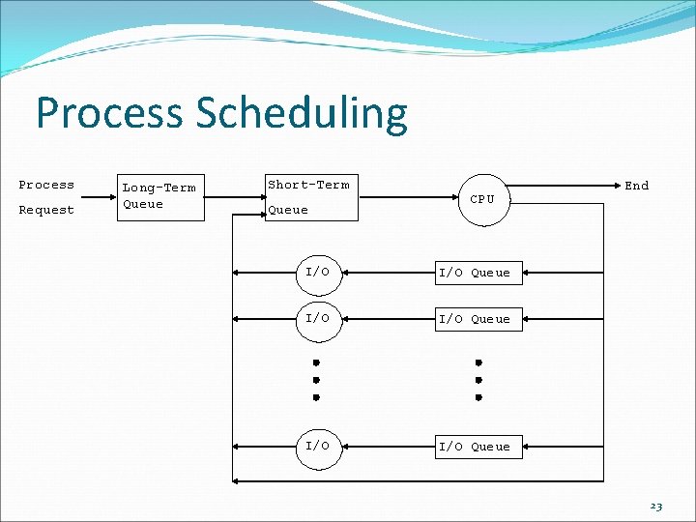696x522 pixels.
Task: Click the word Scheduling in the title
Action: pyautogui.click(x=302, y=115)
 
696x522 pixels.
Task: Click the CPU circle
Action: pyautogui.click(x=482, y=199)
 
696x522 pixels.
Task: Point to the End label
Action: pyautogui.click(x=636, y=186)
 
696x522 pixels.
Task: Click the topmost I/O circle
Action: pyautogui.click(x=318, y=273)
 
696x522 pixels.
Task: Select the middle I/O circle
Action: pyautogui.click(x=318, y=318)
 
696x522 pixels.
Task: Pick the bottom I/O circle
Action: pyautogui.click(x=318, y=446)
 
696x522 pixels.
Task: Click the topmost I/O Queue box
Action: pyautogui.click(x=475, y=273)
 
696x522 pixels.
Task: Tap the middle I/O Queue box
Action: pyautogui.click(x=475, y=318)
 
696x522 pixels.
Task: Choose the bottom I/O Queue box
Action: pyautogui.click(x=475, y=446)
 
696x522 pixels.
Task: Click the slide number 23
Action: pyautogui.click(x=656, y=506)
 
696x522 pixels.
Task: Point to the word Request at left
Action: pyautogui.click(x=46, y=210)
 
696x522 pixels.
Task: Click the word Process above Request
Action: pyautogui.click(x=46, y=185)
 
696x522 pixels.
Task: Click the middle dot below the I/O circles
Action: pyautogui.click(x=316, y=380)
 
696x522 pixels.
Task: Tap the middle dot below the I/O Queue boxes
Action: pyautogui.click(x=478, y=380)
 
